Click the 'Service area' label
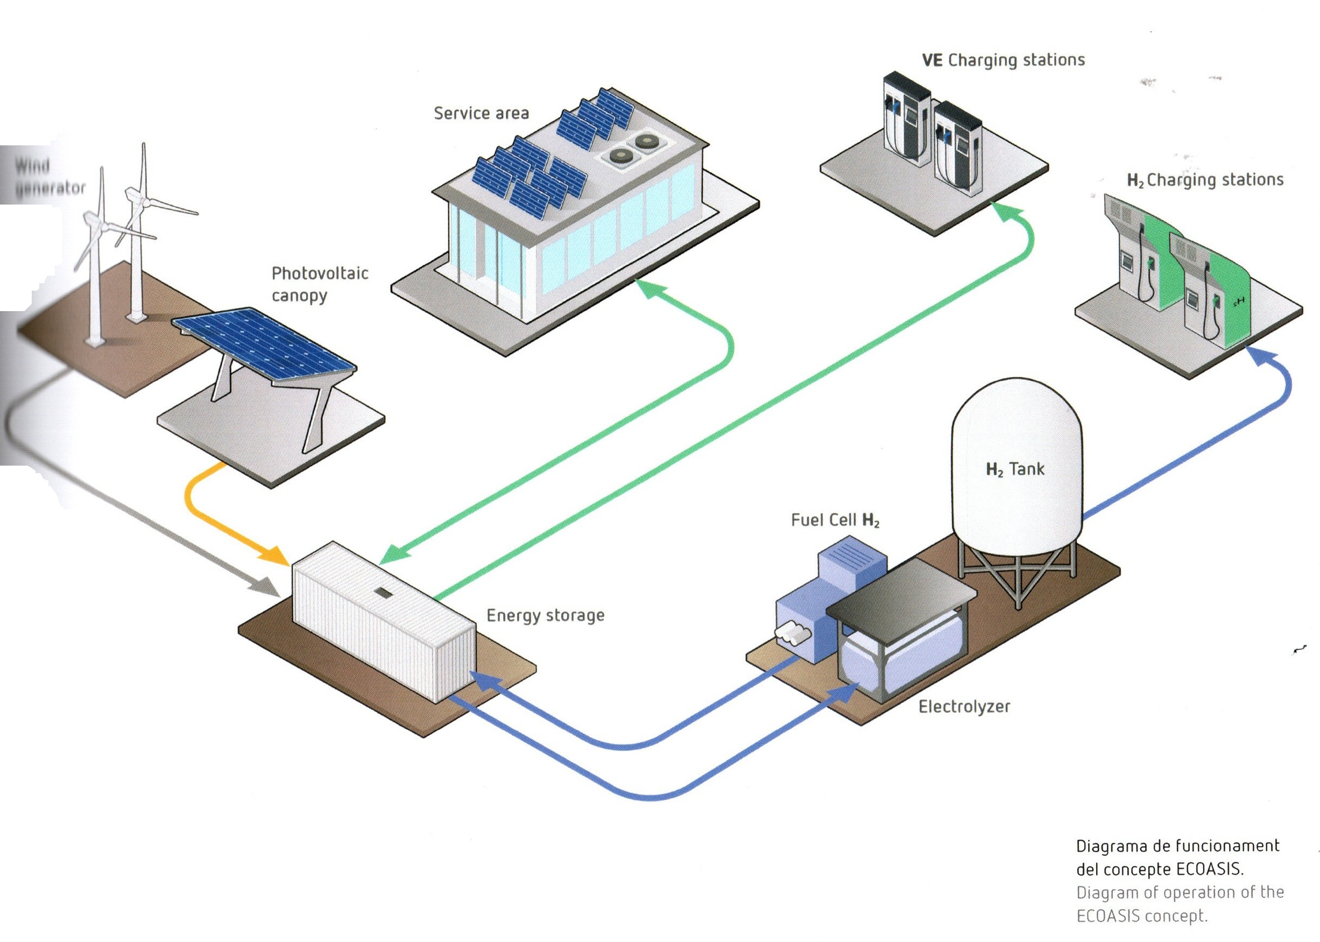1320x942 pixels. tap(481, 113)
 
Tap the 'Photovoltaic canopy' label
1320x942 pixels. tap(320, 284)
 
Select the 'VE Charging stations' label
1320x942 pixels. tap(1003, 60)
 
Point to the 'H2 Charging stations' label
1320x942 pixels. tap(1205, 180)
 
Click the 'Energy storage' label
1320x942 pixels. tap(545, 615)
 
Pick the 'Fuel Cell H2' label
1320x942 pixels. tap(835, 521)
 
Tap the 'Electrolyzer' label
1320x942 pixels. tap(964, 706)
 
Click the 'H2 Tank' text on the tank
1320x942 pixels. tap(1014, 469)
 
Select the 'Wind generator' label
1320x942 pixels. tap(50, 177)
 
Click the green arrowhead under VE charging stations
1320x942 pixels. tap(1007, 213)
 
